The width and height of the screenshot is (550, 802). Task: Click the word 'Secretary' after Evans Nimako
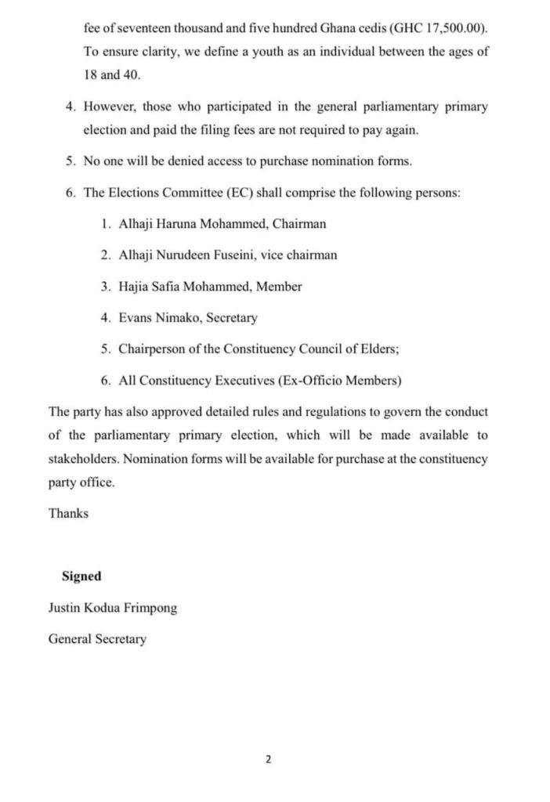231,318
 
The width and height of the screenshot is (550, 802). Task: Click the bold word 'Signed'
81,576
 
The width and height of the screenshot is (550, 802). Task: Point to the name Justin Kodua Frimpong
113,608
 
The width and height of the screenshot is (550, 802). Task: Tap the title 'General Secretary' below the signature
97,639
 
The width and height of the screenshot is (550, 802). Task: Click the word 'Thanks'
68,513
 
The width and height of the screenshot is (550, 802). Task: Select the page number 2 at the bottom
269,759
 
